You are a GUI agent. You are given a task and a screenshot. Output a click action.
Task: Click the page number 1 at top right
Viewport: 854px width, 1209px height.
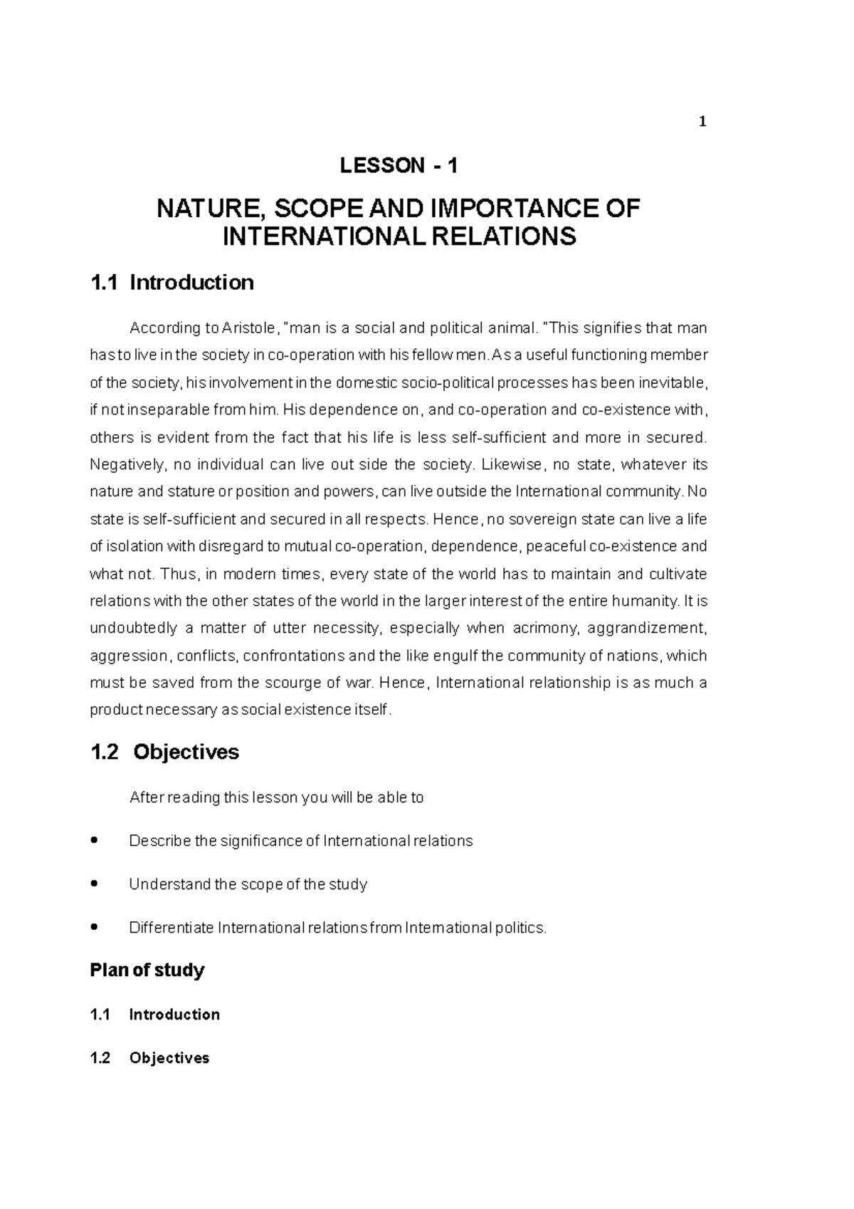[x=702, y=122]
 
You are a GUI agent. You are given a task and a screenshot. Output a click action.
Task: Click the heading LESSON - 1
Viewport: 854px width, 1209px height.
[x=399, y=166]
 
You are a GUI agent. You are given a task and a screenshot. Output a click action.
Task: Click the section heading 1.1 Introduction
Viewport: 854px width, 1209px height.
[x=172, y=283]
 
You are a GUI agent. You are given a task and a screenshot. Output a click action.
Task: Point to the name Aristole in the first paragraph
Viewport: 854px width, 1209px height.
[x=247, y=328]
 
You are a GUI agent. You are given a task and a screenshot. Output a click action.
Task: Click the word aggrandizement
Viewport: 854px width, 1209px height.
[x=652, y=628]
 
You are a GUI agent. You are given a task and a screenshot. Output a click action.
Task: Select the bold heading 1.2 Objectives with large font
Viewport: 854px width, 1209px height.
[x=165, y=752]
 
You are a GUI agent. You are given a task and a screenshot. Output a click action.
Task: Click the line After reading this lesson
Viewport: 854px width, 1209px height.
[x=276, y=797]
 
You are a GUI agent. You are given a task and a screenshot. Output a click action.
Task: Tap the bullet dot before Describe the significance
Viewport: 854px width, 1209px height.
[x=95, y=841]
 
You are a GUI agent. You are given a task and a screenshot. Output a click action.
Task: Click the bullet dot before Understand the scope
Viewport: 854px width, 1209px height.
[x=95, y=884]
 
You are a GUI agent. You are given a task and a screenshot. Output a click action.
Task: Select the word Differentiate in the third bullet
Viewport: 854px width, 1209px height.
[x=171, y=928]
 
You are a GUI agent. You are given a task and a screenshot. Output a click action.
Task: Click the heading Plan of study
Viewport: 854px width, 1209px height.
[x=147, y=970]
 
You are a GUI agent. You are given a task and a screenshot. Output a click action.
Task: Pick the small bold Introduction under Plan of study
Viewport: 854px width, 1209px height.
[x=174, y=1015]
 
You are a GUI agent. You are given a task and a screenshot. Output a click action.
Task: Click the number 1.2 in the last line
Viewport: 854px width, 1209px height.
[x=100, y=1058]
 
